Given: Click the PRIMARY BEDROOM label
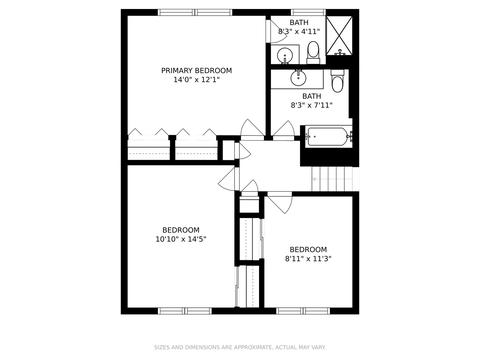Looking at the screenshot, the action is pyautogui.click(x=197, y=71).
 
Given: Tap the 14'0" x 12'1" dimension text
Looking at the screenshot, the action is pyautogui.click(x=197, y=80).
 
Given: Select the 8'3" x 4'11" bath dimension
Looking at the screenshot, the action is pyautogui.click(x=299, y=32).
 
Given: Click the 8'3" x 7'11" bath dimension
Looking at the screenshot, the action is pyautogui.click(x=312, y=105).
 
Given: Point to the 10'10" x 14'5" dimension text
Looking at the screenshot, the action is pyautogui.click(x=181, y=239).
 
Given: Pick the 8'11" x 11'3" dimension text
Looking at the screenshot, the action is pyautogui.click(x=308, y=259).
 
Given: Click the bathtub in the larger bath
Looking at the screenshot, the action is pyautogui.click(x=329, y=137).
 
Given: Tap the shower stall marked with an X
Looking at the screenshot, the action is pyautogui.click(x=339, y=36).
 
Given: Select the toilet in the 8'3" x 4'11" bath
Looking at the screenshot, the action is pyautogui.click(x=313, y=53).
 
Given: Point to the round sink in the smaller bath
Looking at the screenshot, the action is pyautogui.click(x=285, y=55).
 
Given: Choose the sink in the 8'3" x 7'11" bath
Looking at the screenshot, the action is pyautogui.click(x=298, y=78).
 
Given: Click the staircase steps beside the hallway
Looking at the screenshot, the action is pyautogui.click(x=332, y=179).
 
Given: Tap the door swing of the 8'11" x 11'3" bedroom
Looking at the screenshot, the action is pyautogui.click(x=280, y=203).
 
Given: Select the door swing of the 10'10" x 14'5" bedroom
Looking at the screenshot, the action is pyautogui.click(x=229, y=178).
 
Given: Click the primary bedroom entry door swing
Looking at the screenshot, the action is pyautogui.click(x=253, y=129).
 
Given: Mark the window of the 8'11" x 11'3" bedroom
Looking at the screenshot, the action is pyautogui.click(x=303, y=311).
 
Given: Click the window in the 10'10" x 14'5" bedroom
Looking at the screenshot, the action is pyautogui.click(x=185, y=311).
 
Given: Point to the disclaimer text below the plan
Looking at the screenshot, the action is pyautogui.click(x=240, y=347).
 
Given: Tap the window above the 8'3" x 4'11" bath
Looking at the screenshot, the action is pyautogui.click(x=308, y=12).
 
